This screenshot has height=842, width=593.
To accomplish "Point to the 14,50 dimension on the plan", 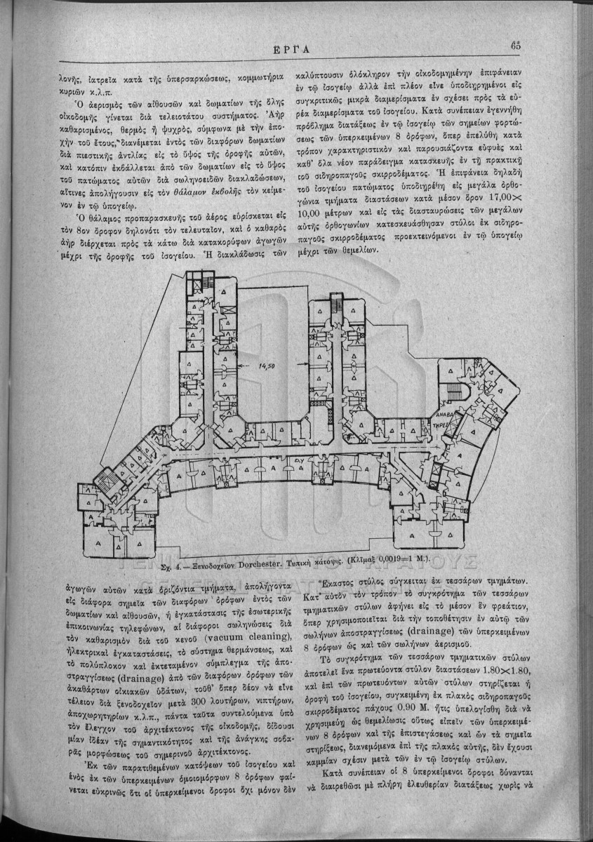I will click(x=267, y=366).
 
